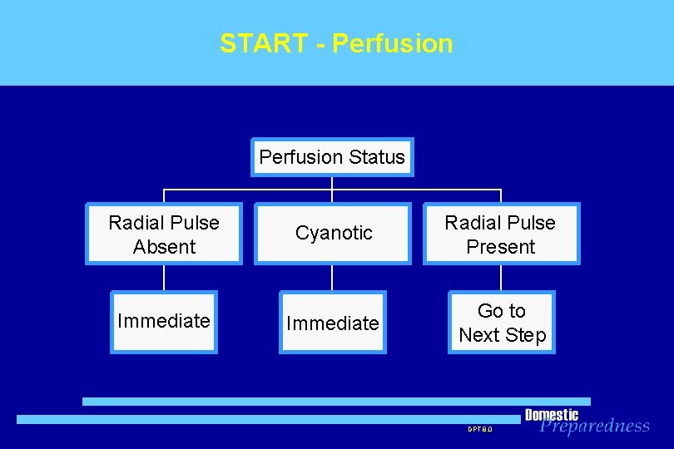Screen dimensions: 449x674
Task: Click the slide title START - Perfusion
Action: pos(336,43)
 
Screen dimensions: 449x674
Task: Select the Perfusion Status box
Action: pos(332,157)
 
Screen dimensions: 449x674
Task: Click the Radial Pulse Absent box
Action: pos(164,234)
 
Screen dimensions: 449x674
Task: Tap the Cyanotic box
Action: pos(333,234)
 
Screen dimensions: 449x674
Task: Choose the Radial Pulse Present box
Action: pos(501,234)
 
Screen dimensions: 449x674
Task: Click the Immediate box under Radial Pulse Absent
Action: pos(164,322)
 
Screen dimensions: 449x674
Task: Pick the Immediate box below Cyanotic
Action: pos(333,323)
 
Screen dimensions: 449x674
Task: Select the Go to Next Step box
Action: pos(502,323)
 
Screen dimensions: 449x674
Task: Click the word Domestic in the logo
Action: pos(551,414)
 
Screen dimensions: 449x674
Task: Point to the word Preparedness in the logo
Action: pos(594,426)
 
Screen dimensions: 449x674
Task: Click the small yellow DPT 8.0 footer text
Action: pos(480,429)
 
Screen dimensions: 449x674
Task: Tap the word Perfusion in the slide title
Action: pos(392,43)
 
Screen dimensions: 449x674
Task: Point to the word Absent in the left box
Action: pos(164,247)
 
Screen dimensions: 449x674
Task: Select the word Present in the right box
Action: pos(501,247)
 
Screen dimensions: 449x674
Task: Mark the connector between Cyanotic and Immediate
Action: pos(332,278)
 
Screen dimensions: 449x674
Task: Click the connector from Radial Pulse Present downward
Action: pos(501,278)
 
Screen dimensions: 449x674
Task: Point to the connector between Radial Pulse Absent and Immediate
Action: pos(164,278)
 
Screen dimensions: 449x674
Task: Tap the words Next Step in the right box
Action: pos(502,335)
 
